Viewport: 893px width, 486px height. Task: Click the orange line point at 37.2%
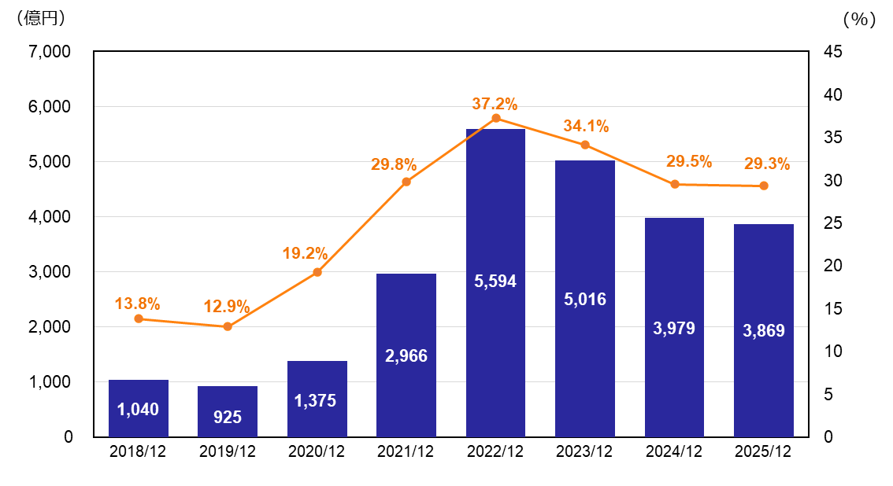(496, 118)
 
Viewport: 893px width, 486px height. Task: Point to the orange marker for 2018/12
(139, 318)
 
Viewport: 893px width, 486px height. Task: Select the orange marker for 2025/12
(764, 186)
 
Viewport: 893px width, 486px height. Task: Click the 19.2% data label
(305, 253)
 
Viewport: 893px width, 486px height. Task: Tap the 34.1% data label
(586, 127)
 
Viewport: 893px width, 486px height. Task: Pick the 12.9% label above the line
(226, 307)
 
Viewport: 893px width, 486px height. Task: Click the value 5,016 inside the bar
(585, 299)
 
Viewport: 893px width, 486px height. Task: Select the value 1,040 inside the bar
(138, 409)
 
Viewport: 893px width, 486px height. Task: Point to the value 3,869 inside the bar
(764, 331)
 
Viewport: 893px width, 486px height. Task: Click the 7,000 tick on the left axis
(50, 52)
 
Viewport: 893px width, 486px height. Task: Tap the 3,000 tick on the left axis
(50, 272)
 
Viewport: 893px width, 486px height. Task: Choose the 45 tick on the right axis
(833, 52)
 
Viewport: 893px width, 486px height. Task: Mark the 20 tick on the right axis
(833, 266)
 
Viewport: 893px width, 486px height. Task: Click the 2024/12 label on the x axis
(673, 452)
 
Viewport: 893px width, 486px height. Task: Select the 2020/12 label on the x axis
(317, 452)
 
